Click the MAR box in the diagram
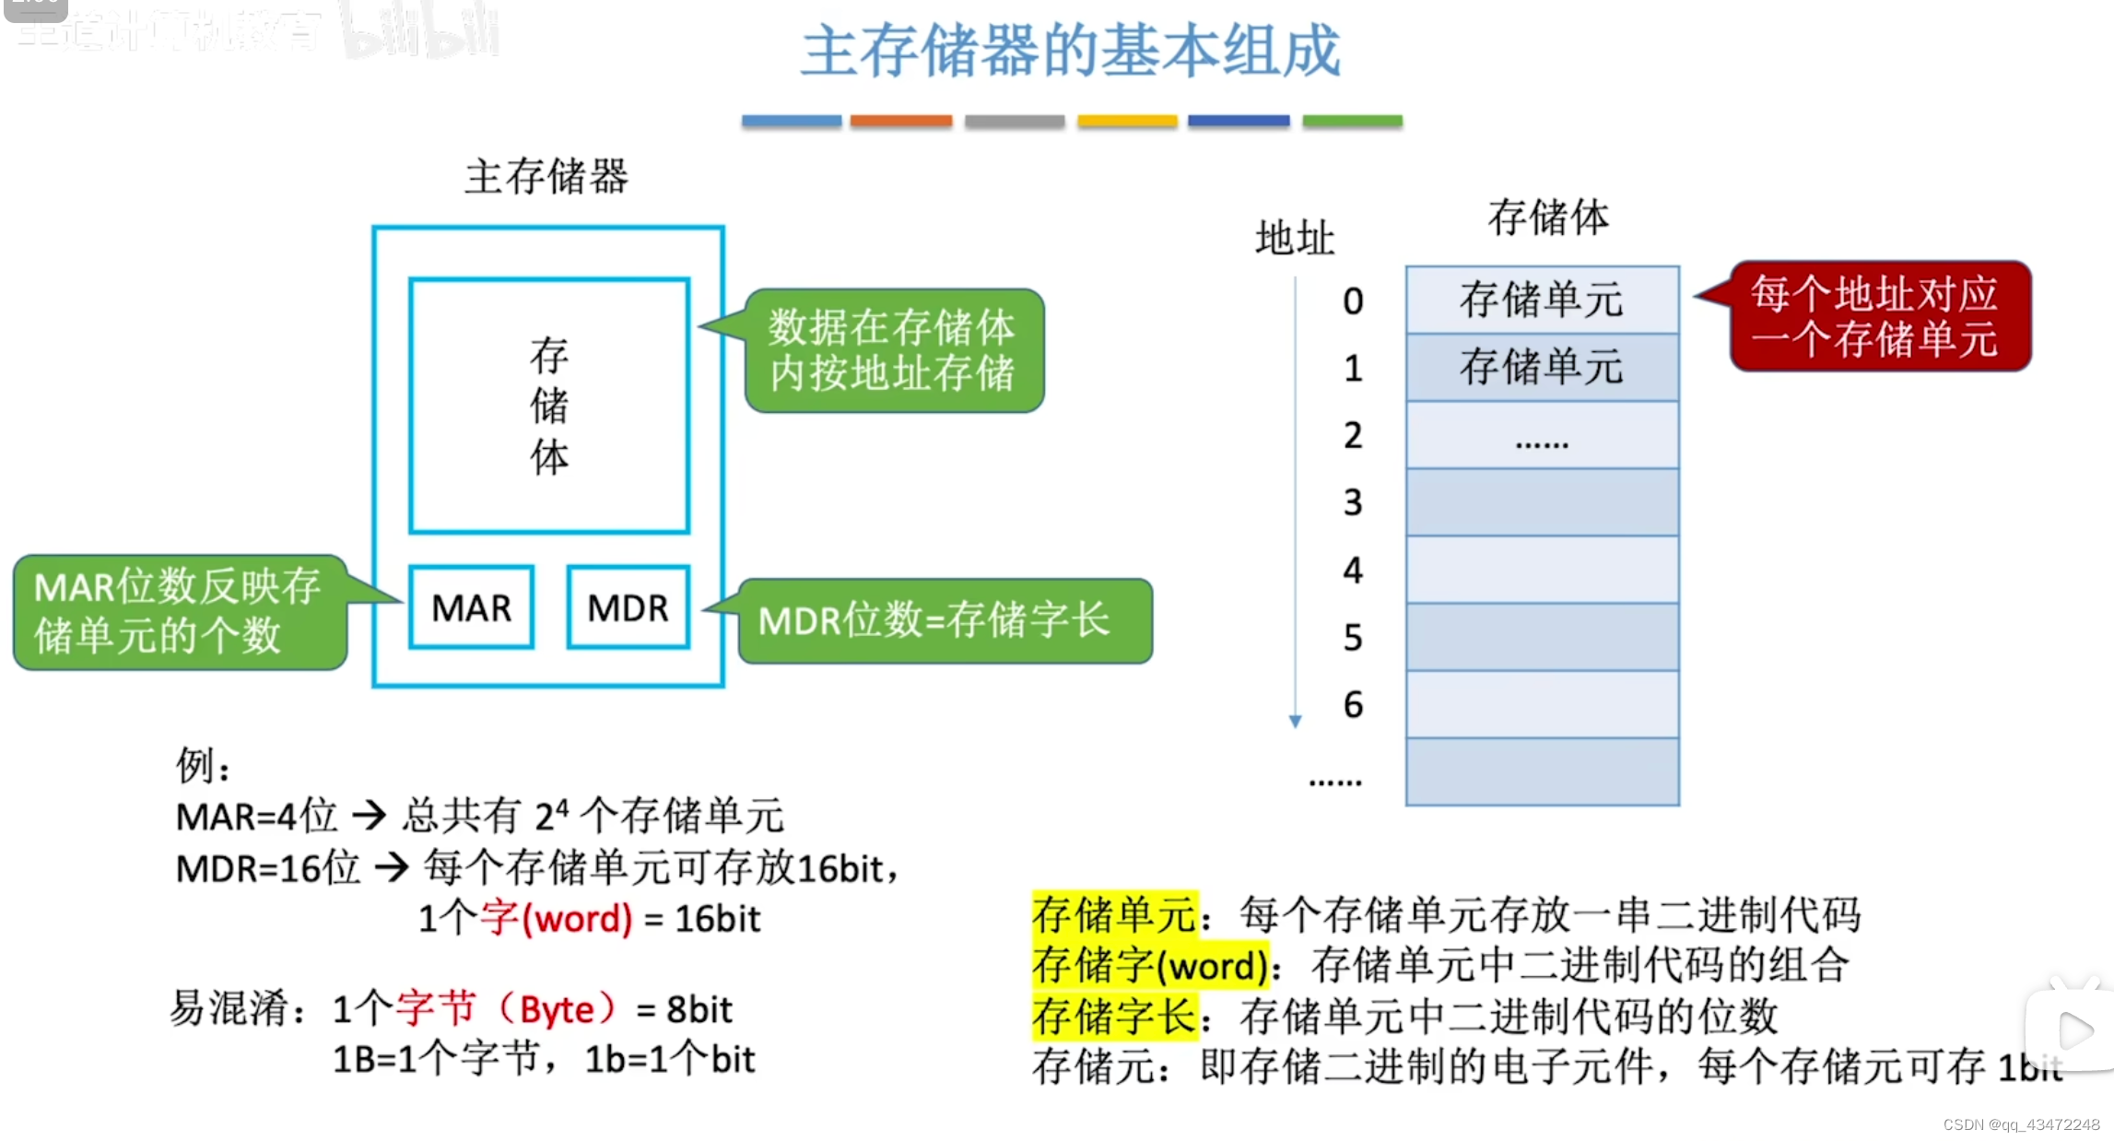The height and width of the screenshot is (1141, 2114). pyautogui.click(x=471, y=607)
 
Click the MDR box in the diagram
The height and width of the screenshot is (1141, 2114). pyautogui.click(x=628, y=607)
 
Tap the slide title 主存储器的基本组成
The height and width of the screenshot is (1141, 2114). pyautogui.click(x=1071, y=51)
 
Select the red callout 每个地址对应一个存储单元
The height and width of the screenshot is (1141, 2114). pyautogui.click(x=1879, y=316)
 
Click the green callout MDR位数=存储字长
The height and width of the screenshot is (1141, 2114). pyautogui.click(x=945, y=620)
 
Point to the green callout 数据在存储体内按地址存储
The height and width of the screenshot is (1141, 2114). pyautogui.click(x=893, y=350)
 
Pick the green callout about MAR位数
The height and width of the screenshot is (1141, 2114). pyautogui.click(x=179, y=611)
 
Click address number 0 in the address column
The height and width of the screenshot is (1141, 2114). pyautogui.click(x=1353, y=301)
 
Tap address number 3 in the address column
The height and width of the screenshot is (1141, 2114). pyautogui.click(x=1353, y=503)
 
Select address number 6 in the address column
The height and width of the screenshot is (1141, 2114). pyautogui.click(x=1353, y=705)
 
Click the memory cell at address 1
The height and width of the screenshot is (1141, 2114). pyautogui.click(x=1542, y=368)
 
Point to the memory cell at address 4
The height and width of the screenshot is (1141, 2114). pyautogui.click(x=1542, y=570)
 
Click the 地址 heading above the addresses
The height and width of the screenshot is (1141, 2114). pyautogui.click(x=1295, y=238)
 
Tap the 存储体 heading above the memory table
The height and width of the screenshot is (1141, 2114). pyautogui.click(x=1548, y=218)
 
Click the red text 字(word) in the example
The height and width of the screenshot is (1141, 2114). pyautogui.click(x=557, y=918)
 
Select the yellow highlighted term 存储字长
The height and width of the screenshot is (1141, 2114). pyautogui.click(x=1114, y=1017)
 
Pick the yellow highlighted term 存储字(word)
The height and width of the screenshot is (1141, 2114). pyautogui.click(x=1150, y=966)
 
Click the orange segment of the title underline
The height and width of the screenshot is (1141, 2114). pyautogui.click(x=900, y=121)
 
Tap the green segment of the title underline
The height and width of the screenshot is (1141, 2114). pyautogui.click(x=1352, y=121)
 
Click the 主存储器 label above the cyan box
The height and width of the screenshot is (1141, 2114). pyautogui.click(x=546, y=176)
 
